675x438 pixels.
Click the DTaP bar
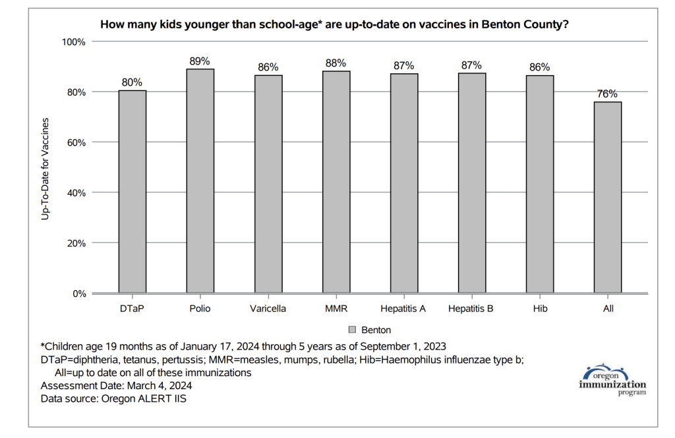[132, 191]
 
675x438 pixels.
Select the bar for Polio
[200, 181]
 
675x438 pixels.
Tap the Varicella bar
[268, 184]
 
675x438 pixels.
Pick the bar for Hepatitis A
[403, 183]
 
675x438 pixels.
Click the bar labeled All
[607, 197]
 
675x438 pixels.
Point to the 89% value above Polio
[200, 61]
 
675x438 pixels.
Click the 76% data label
[607, 94]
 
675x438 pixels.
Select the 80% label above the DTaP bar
[132, 82]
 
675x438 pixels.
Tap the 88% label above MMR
[336, 63]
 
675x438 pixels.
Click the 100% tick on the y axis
[74, 42]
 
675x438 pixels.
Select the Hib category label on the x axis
[539, 309]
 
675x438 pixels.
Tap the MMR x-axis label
[336, 309]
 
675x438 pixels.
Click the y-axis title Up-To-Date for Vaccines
[45, 168]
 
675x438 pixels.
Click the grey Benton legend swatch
[352, 329]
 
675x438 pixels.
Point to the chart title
[334, 25]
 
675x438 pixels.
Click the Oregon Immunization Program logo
[612, 380]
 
